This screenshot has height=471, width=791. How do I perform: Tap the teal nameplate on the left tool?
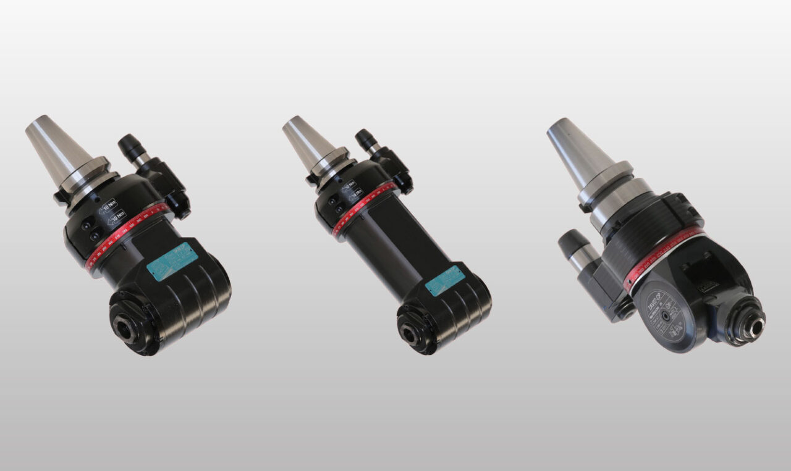[172, 262]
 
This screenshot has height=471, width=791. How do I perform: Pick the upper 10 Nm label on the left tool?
[108, 204]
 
